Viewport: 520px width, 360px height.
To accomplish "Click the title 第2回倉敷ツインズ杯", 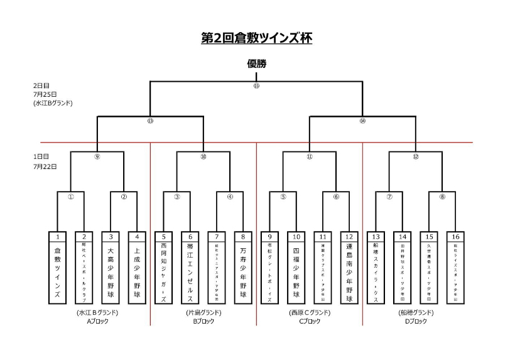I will [256, 38].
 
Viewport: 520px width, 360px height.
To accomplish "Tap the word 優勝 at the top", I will [256, 63].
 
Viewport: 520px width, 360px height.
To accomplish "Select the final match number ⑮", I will [256, 85].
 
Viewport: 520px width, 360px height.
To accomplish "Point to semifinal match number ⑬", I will [150, 121].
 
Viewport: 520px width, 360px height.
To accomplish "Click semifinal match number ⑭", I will [362, 121].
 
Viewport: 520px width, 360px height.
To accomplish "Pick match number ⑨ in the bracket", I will [97, 156].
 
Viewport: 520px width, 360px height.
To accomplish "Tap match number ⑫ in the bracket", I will [416, 156].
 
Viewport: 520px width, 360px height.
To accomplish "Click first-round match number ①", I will [71, 196].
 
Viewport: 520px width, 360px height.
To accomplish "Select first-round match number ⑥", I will [336, 196].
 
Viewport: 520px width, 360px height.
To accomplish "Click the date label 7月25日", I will [45, 93].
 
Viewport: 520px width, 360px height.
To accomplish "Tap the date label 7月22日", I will [45, 166].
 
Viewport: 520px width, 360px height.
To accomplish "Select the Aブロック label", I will [98, 320].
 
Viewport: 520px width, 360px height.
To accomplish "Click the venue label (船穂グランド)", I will [416, 312].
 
